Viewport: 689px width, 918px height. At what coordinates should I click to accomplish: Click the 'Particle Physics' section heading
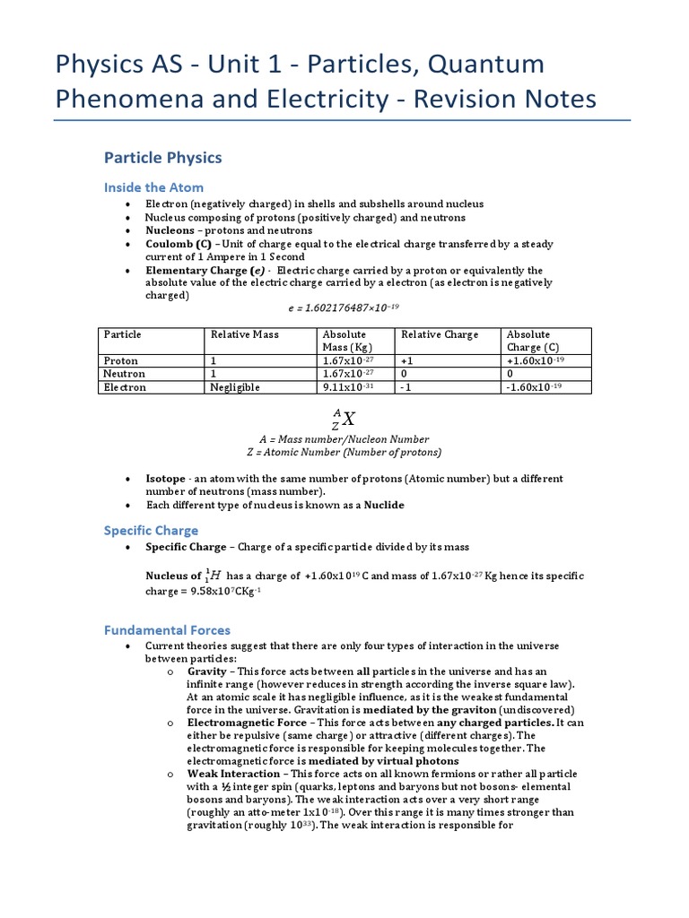pos(162,158)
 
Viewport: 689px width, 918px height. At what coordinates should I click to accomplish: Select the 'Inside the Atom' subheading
pos(153,187)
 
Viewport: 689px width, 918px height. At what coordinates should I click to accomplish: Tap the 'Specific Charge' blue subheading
pos(151,530)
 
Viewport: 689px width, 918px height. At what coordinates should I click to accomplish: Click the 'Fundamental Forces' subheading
pos(167,629)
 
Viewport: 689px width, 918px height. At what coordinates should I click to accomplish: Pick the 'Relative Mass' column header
pos(244,334)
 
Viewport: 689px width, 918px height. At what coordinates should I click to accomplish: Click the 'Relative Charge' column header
pos(440,334)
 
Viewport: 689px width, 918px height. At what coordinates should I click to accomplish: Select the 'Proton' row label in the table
pos(121,360)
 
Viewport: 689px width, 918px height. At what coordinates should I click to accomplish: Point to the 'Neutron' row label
pos(124,374)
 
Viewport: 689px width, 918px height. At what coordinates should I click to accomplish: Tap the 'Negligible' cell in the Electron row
pos(235,387)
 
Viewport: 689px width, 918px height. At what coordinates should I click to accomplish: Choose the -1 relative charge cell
pos(407,387)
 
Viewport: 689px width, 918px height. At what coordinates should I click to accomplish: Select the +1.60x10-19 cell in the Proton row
pos(536,360)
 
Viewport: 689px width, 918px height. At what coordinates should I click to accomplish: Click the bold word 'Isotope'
pos(166,479)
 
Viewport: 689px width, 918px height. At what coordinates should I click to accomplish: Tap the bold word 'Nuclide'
pos(384,505)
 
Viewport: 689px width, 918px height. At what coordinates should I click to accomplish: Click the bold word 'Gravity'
pos(207,671)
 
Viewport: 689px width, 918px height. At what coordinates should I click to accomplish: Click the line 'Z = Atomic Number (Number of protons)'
pos(344,452)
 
